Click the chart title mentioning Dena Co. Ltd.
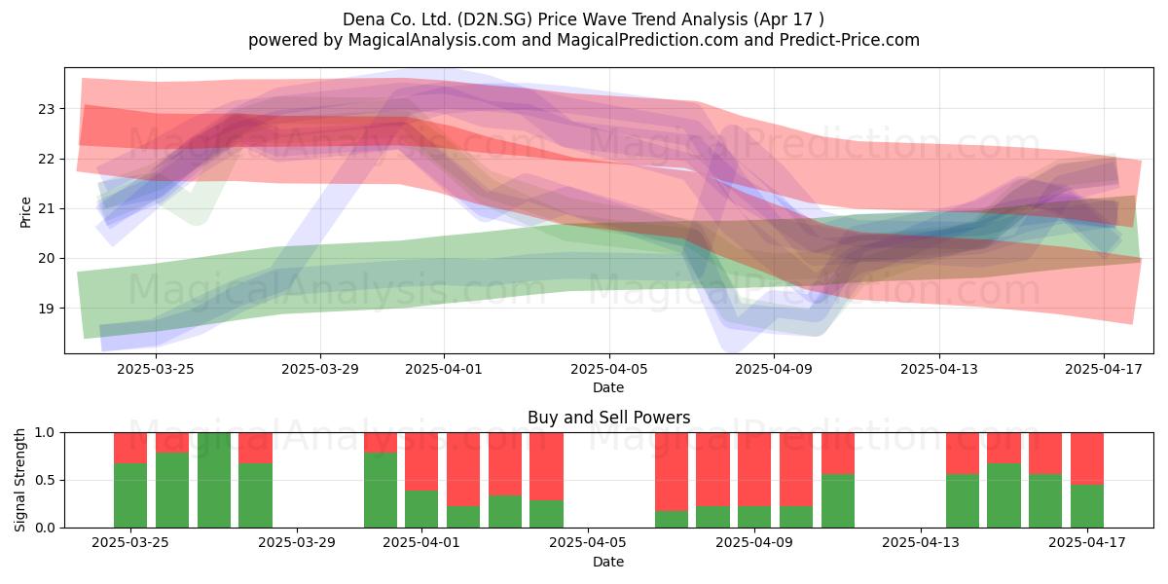coord(583,19)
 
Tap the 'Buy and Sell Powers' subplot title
coord(608,418)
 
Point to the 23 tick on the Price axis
coord(46,109)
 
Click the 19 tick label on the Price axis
coord(46,309)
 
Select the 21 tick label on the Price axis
coord(46,208)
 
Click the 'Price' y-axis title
coord(25,212)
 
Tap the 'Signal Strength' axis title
coord(19,480)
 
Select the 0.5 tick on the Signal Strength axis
coord(45,480)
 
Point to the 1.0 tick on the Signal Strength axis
coord(45,432)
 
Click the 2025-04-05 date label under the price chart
coord(608,369)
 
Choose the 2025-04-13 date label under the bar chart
coord(921,543)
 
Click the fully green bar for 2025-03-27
coord(214,480)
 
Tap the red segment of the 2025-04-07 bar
coord(672,471)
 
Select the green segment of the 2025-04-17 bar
coord(1087,506)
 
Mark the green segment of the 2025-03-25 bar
coord(130,495)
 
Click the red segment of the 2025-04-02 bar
coord(463,469)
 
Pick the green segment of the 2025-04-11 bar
coord(838,500)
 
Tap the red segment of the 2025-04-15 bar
coord(1004,448)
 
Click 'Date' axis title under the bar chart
coord(608,562)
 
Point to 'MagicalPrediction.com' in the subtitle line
coord(647,40)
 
